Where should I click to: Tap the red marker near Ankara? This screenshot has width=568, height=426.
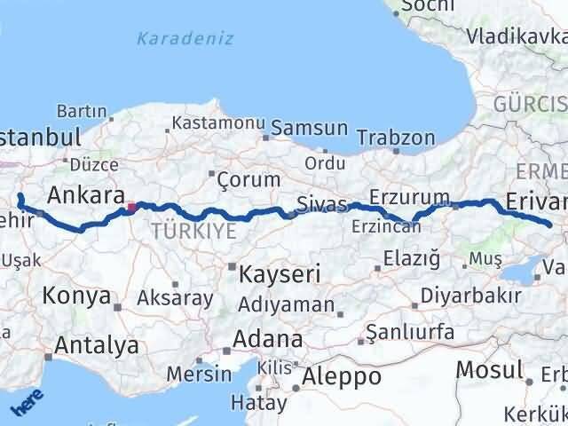(x=131, y=209)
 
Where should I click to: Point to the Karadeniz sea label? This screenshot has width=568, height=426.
(x=185, y=38)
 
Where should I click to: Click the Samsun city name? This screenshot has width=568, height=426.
(x=309, y=128)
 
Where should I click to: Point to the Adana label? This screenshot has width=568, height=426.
(x=267, y=339)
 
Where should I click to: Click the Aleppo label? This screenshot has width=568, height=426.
(x=342, y=376)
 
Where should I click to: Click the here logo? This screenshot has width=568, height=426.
(x=27, y=404)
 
